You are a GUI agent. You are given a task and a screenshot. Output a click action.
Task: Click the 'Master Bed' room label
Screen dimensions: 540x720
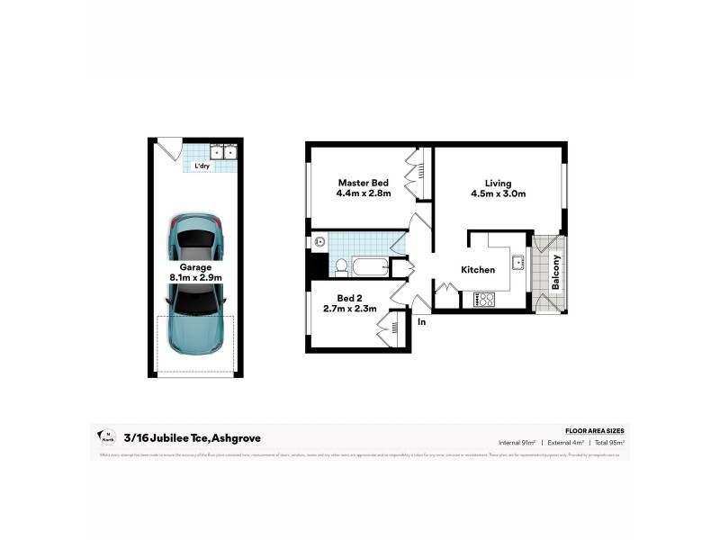point(363,183)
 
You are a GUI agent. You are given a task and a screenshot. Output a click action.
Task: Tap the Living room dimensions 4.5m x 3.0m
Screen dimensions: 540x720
point(498,193)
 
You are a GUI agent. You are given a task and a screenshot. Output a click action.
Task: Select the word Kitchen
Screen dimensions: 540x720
point(478,270)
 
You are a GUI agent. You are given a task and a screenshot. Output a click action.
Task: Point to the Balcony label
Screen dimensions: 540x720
point(556,273)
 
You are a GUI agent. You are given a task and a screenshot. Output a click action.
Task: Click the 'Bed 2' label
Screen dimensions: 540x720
point(350,298)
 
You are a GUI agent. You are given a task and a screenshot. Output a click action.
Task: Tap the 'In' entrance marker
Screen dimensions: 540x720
point(420,319)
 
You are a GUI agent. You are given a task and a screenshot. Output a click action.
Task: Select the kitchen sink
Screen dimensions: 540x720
point(518,263)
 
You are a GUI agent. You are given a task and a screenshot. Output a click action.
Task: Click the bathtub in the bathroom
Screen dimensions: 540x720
point(369,266)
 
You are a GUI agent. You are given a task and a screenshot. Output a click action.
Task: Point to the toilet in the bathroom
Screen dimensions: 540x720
point(342,266)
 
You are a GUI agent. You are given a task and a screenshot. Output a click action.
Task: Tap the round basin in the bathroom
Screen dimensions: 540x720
point(319,241)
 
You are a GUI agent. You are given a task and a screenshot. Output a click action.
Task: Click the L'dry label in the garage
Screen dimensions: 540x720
point(202,166)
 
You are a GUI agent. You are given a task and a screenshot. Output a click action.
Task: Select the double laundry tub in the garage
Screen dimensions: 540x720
point(223,152)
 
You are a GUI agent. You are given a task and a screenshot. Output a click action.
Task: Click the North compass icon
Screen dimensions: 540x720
point(106,437)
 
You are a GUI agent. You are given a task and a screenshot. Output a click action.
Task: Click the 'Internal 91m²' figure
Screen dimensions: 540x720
point(517,443)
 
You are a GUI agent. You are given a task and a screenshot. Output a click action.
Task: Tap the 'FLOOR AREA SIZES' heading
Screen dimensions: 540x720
point(594,432)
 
